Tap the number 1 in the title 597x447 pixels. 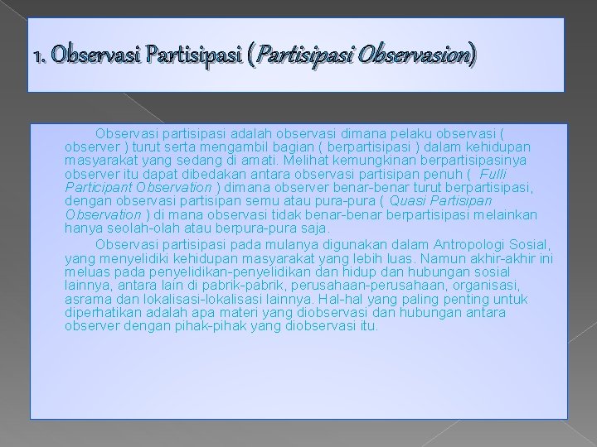tap(37, 58)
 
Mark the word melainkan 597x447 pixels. tap(506, 215)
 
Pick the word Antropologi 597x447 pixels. tap(472, 243)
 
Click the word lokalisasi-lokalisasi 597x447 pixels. tap(205, 299)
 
